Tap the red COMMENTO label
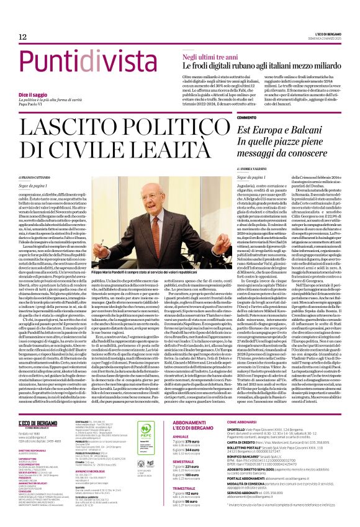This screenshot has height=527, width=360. click(x=246, y=117)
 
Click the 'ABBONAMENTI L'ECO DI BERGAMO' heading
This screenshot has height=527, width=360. click(x=198, y=407)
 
